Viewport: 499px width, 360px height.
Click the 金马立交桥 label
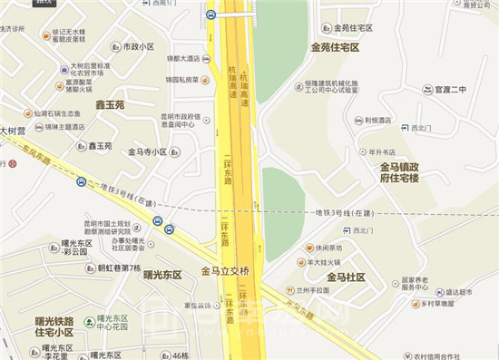point(231,271)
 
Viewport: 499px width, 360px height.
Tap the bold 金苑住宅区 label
point(335,46)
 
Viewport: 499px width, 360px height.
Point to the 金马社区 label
point(346,277)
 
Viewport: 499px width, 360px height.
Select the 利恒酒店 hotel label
point(378,121)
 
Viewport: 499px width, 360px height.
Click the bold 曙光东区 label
point(162,275)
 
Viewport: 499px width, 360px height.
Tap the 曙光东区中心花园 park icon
point(88,320)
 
